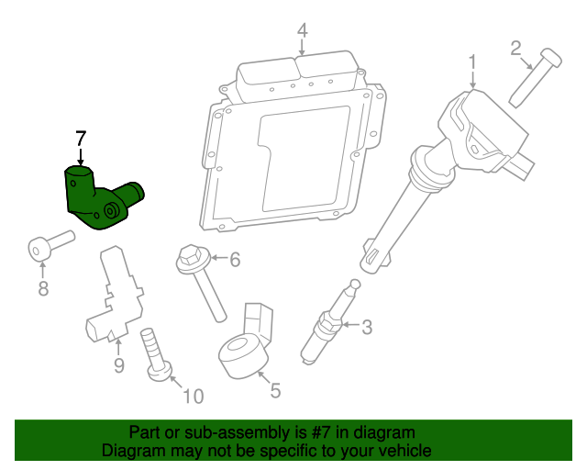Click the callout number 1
472,62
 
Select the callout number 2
515,47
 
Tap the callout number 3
367,326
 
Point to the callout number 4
302,32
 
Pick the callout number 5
275,389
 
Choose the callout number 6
235,261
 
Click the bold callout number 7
81,139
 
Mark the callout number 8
42,290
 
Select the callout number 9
118,367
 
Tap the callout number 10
193,397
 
